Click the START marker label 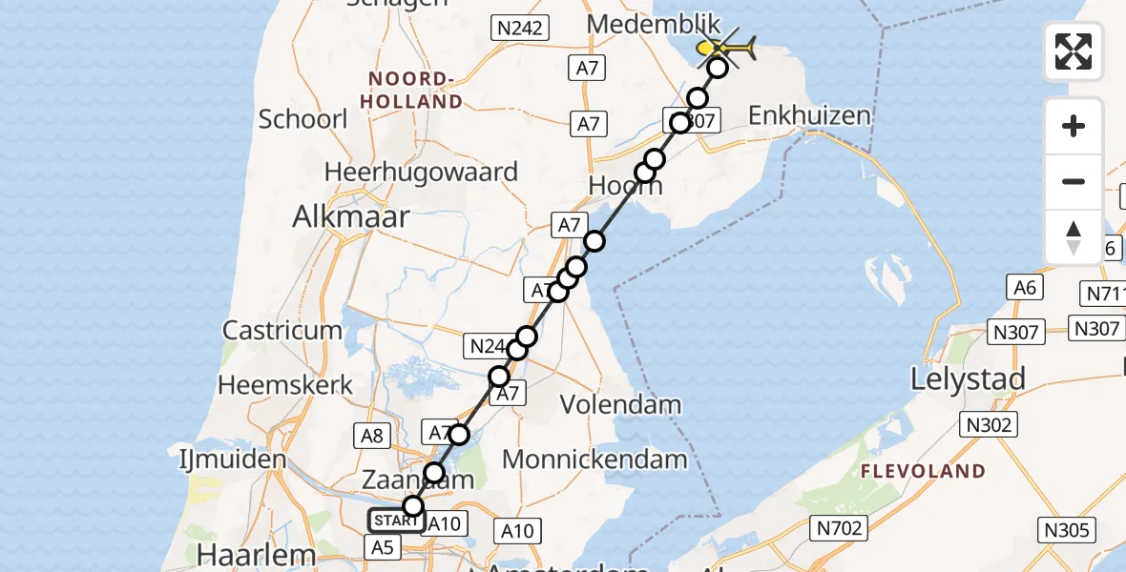tap(396, 521)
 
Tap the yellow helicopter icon tap(726, 47)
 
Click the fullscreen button tap(1074, 51)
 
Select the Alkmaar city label tap(352, 216)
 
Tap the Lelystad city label tap(968, 378)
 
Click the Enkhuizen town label tap(810, 116)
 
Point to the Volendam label tap(620, 404)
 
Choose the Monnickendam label tap(594, 460)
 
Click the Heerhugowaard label tap(421, 173)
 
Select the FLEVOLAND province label tap(923, 471)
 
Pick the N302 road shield tap(988, 424)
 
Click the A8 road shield tap(373, 436)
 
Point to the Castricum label tap(282, 331)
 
